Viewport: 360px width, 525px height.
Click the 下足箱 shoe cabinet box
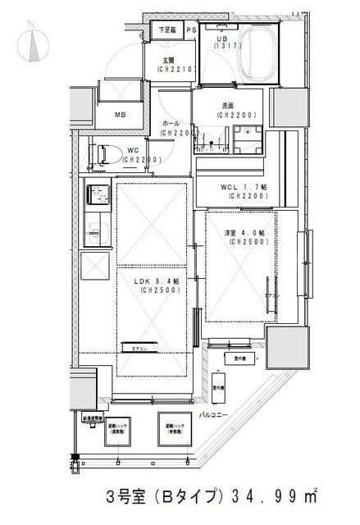click(167, 30)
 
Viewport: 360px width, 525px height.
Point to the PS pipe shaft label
click(191, 30)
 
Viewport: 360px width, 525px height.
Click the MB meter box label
click(121, 115)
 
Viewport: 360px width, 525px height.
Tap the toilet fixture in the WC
click(102, 154)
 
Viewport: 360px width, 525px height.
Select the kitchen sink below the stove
click(98, 231)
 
